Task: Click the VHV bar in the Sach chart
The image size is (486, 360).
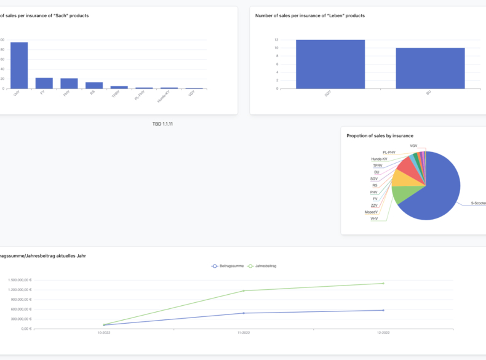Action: [x=19, y=65]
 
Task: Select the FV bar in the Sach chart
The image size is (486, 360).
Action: [x=44, y=83]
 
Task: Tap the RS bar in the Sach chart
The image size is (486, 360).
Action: [x=94, y=86]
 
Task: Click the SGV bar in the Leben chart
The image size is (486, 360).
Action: [x=330, y=64]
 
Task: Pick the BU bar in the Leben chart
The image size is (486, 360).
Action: [x=430, y=68]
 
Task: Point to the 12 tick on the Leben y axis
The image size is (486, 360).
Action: [x=276, y=40]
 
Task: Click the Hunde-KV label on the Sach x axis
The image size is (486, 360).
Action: [x=162, y=96]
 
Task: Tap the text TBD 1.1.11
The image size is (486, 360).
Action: [x=162, y=124]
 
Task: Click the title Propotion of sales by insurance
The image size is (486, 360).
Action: [x=380, y=135]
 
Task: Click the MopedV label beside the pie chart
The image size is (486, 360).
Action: [x=370, y=212]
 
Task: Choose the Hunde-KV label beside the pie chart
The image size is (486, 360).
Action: [x=379, y=159]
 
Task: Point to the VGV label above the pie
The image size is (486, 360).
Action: [x=413, y=146]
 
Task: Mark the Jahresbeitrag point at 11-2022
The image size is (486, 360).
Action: [x=244, y=290]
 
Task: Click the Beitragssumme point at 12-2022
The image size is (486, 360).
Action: [x=383, y=310]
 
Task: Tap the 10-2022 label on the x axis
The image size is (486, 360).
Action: [x=104, y=333]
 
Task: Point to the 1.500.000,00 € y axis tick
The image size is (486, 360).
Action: [x=20, y=280]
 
